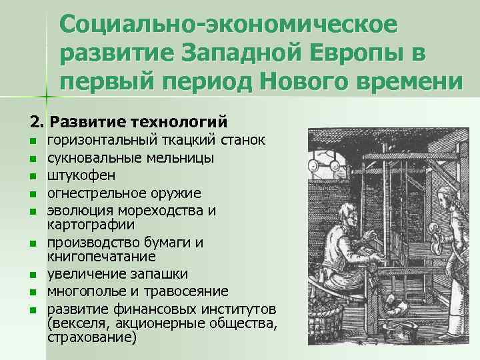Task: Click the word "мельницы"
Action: [x=177, y=159]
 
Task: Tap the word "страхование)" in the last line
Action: [x=92, y=337]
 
